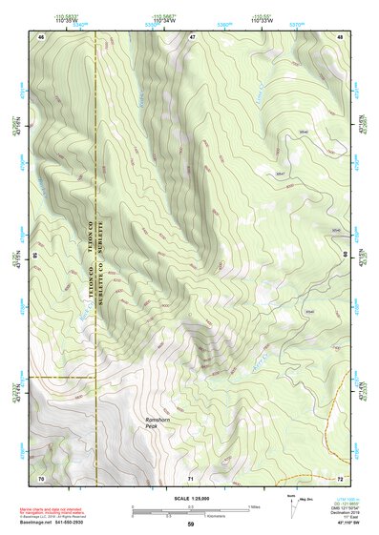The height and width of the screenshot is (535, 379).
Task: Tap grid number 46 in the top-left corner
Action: tap(41, 35)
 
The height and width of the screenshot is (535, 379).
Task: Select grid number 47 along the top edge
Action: tap(192, 35)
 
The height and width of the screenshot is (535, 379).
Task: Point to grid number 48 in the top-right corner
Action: tap(341, 35)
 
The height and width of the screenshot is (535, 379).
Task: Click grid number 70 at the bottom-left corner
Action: tap(41, 476)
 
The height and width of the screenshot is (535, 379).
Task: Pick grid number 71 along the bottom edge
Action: tap(191, 476)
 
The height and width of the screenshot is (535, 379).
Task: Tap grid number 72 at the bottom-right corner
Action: tap(340, 476)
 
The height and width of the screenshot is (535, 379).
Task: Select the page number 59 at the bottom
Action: tap(190, 525)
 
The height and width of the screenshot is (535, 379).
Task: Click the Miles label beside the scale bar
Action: tap(252, 505)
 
